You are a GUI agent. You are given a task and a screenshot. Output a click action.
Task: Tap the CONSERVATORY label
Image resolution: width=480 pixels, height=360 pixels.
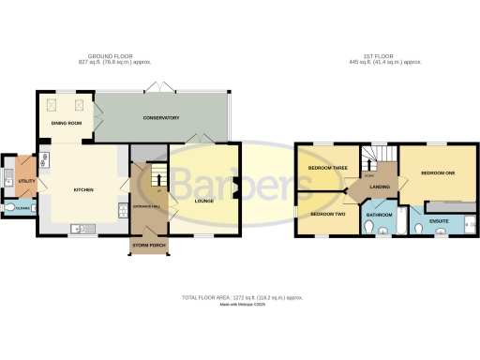[160, 118]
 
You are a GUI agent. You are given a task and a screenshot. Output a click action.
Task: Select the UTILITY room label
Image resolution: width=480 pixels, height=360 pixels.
[26, 180]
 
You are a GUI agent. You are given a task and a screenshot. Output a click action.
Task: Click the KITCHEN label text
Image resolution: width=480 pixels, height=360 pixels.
[85, 189]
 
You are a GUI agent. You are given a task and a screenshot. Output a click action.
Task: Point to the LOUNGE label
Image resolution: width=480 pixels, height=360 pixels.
[204, 200]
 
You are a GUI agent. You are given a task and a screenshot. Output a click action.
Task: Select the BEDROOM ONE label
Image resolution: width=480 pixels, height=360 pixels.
[437, 173]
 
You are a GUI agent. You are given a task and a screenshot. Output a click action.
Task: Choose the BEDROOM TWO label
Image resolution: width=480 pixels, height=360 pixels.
[322, 214]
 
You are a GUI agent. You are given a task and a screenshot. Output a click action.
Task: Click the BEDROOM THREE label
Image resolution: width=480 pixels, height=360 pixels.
[328, 169]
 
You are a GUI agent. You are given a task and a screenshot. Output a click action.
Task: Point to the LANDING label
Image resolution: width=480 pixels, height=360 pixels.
[380, 187]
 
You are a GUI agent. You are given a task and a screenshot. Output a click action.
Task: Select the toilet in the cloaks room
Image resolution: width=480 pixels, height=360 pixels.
[10, 208]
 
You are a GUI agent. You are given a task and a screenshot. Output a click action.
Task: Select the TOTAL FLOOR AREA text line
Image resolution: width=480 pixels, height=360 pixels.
[239, 297]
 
